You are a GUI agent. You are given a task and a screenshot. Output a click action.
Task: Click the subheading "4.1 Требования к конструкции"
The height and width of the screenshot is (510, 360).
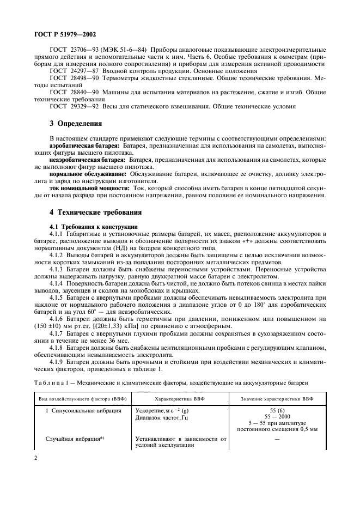pos(89,226)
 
